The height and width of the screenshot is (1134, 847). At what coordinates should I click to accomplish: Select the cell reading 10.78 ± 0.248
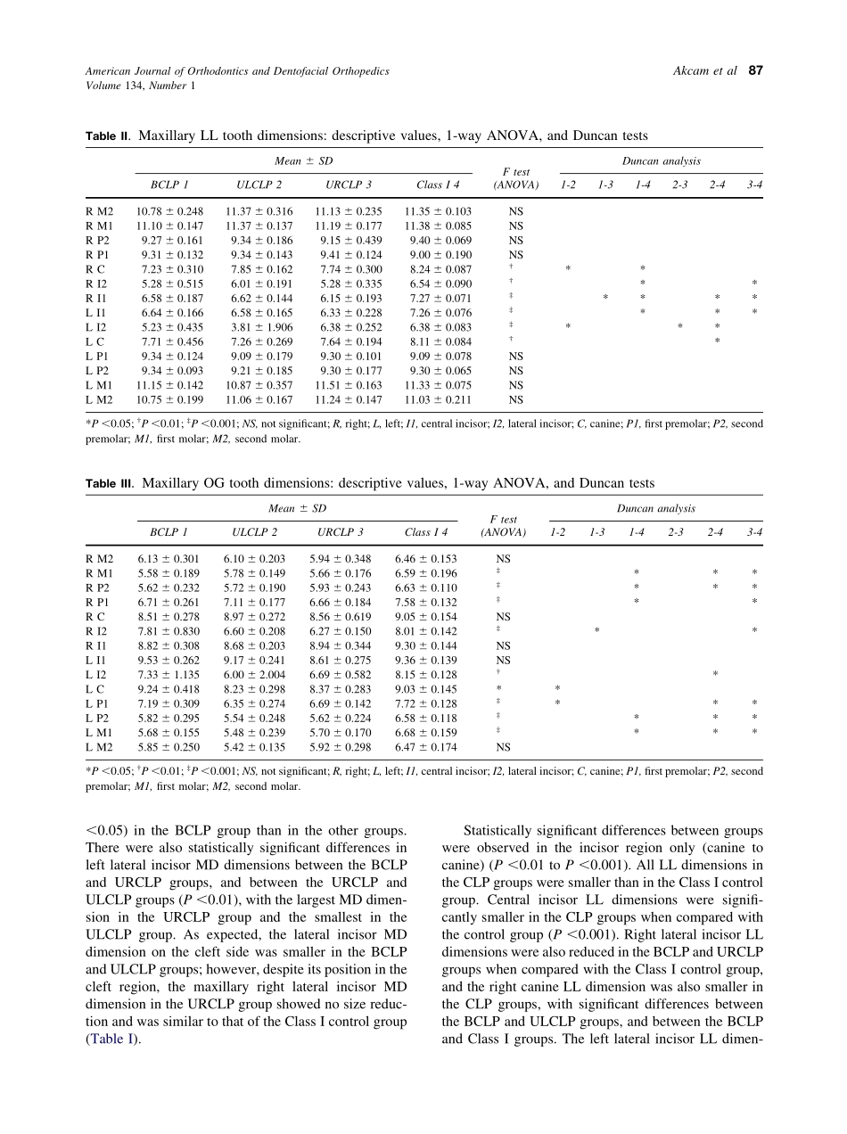(x=169, y=211)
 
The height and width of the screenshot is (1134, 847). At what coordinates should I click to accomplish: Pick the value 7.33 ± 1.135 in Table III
(x=169, y=675)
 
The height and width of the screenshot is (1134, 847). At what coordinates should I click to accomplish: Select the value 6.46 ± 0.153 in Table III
(x=426, y=559)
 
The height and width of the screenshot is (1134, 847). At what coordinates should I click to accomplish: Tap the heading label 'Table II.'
(x=108, y=136)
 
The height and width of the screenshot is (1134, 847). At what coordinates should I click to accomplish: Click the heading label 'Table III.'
(x=110, y=484)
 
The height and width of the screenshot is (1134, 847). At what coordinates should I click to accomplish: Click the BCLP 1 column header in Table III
(x=169, y=533)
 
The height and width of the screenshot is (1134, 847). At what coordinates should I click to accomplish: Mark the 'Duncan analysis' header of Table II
(x=661, y=161)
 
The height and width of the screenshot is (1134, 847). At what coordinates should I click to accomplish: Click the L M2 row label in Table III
(x=99, y=747)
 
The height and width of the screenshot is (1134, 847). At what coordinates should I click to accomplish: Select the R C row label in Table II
(x=95, y=269)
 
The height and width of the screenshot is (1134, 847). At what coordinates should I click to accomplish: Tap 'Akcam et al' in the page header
(x=705, y=71)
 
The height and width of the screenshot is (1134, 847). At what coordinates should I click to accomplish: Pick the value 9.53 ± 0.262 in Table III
(x=169, y=661)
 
